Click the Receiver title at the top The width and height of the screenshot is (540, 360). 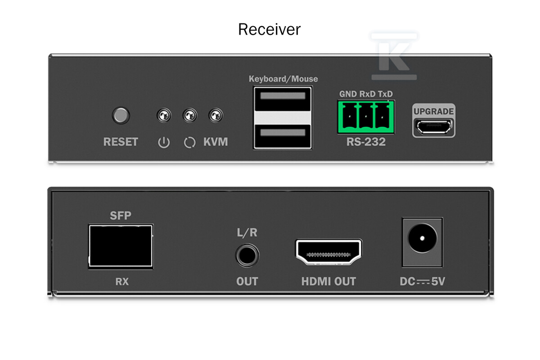coord(269,29)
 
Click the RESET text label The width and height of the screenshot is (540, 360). coord(121,142)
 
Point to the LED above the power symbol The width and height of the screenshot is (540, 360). coord(164,115)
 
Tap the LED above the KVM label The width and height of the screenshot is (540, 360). coord(216,115)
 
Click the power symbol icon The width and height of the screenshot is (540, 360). coord(164,143)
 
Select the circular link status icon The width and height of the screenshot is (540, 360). coord(190,143)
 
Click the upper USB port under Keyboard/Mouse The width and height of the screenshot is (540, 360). coord(283,99)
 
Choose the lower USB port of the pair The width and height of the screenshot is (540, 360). coord(283,136)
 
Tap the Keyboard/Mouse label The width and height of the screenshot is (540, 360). coord(283,79)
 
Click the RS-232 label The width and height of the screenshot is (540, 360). coord(366,142)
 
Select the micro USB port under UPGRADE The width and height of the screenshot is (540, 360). coord(434,127)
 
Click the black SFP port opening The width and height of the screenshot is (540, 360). coord(121,246)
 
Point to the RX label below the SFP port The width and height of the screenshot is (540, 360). coord(122,281)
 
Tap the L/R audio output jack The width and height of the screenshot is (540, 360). coord(247,256)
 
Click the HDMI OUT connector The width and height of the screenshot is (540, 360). coord(328,252)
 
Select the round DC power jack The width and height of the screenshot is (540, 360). coord(422,238)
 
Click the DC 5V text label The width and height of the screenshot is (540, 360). coord(423,281)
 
